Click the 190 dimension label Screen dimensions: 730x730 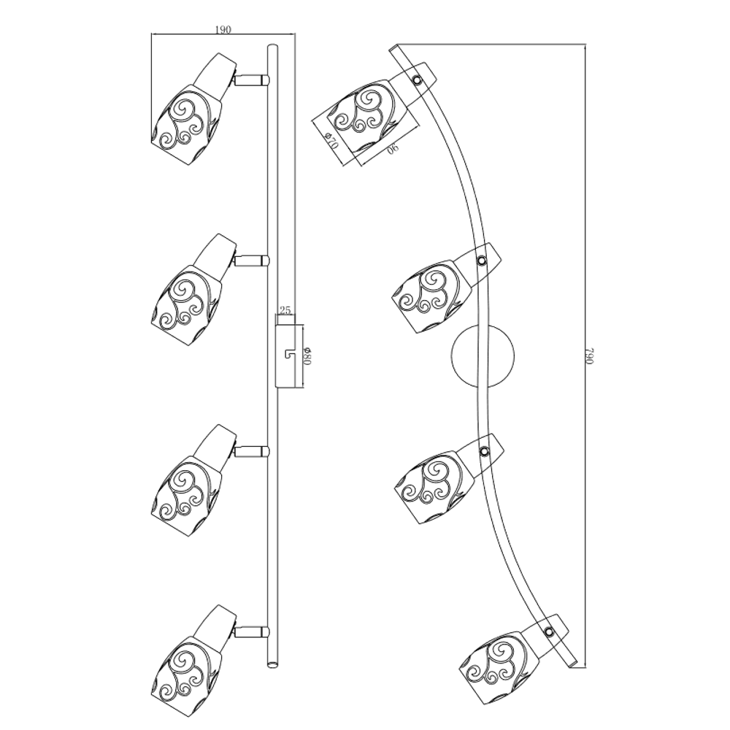[x=223, y=29]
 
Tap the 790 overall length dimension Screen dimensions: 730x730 [x=591, y=356]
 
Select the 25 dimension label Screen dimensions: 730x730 [x=285, y=310]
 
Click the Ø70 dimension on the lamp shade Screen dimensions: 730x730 [x=331, y=140]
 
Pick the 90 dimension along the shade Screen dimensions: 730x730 [x=393, y=148]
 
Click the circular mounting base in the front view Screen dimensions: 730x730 [x=483, y=356]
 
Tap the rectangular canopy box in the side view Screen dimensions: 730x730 [x=286, y=357]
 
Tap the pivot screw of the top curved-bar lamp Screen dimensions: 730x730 [x=418, y=80]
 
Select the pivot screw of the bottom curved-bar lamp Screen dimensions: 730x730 [x=549, y=631]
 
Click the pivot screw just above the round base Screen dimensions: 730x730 [x=482, y=261]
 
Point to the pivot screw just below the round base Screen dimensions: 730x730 [x=484, y=450]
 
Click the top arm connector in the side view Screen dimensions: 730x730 [x=252, y=80]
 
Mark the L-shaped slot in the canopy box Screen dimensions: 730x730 [x=288, y=354]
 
